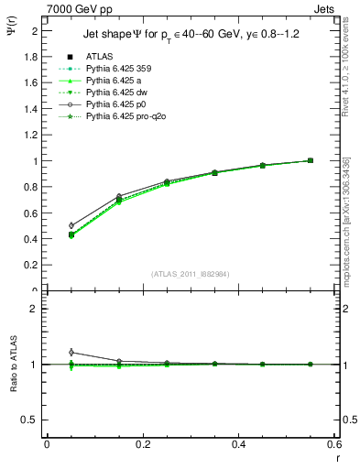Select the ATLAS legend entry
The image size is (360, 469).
pos(98,57)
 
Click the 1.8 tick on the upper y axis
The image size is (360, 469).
pos(33,57)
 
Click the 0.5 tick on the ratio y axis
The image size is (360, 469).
pos(31,420)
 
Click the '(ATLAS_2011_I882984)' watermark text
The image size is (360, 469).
pos(191,274)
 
